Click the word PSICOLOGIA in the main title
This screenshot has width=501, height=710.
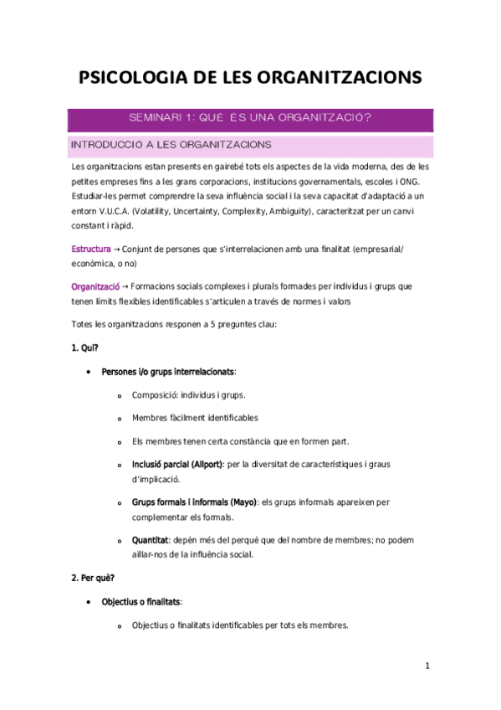tap(135, 79)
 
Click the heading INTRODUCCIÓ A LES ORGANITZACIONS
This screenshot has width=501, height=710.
tap(171, 144)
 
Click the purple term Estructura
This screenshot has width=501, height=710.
tap(91, 250)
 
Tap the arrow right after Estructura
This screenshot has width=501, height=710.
tap(116, 250)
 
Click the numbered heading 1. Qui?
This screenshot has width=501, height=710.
tap(85, 347)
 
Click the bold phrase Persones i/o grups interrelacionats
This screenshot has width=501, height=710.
tap(167, 371)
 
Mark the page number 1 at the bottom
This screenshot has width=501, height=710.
tap(427, 666)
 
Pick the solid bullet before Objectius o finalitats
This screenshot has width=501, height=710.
tap(89, 602)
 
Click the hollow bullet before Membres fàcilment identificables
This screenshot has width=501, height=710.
tap(120, 418)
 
